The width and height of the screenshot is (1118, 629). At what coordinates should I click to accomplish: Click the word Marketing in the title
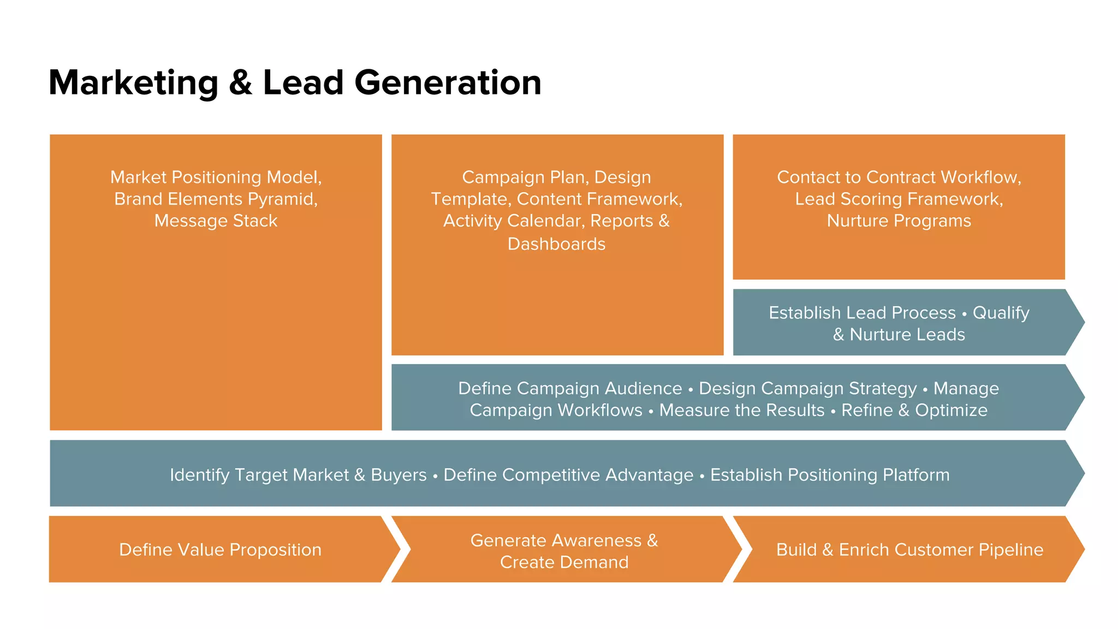click(x=133, y=83)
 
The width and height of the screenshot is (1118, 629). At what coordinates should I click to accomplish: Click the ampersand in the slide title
click(x=240, y=83)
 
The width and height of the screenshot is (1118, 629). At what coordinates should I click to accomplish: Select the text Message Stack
click(x=216, y=221)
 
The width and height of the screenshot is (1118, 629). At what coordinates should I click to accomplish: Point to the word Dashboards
click(x=556, y=244)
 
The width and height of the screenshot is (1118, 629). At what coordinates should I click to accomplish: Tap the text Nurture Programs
click(x=899, y=221)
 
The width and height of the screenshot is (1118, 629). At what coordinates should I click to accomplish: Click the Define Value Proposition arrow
click(x=220, y=549)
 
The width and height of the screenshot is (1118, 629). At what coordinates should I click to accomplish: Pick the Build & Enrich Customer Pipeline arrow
click(x=909, y=549)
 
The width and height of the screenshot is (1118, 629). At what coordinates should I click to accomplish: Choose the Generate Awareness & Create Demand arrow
click(x=564, y=550)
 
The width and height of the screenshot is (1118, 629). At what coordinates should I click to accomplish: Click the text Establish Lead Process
click(x=862, y=312)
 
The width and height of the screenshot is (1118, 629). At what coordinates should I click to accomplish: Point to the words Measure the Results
click(x=741, y=410)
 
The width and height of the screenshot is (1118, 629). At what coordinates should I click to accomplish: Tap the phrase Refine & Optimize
click(x=914, y=410)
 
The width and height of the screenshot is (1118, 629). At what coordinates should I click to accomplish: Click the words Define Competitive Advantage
click(x=568, y=474)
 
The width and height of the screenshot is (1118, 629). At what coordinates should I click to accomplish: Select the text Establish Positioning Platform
click(x=830, y=474)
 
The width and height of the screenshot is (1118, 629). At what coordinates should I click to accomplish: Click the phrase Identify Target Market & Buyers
click(x=298, y=474)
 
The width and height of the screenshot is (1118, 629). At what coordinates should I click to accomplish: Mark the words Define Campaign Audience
click(x=570, y=388)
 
